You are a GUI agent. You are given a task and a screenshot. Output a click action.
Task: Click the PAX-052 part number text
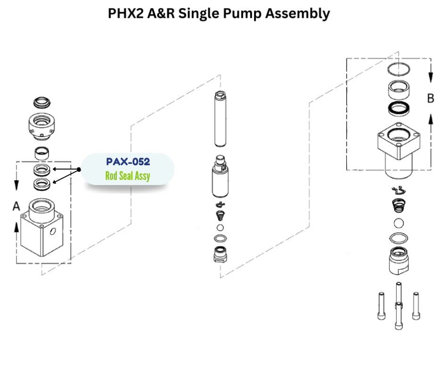[x=128, y=162]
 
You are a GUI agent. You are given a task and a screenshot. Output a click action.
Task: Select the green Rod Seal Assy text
[x=128, y=177]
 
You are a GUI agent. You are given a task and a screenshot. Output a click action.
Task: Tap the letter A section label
[x=16, y=206]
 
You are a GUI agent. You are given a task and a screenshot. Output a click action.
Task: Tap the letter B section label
[x=430, y=98]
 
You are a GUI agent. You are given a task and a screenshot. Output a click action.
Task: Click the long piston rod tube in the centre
[x=221, y=118]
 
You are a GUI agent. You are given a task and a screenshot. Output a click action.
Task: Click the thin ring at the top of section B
[x=400, y=70]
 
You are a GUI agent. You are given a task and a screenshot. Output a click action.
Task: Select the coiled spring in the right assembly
[x=399, y=206]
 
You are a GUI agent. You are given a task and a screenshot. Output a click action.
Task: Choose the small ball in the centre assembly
[x=220, y=227]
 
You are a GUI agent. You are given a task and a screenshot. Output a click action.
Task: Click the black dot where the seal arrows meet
[x=79, y=169]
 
